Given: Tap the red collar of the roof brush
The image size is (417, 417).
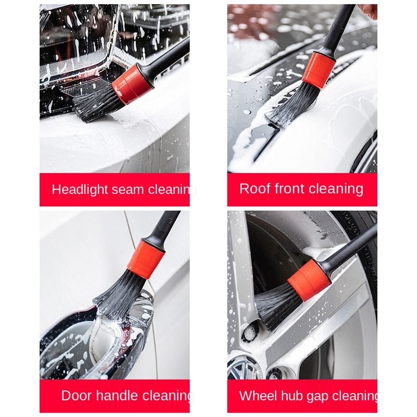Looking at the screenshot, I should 318,69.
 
